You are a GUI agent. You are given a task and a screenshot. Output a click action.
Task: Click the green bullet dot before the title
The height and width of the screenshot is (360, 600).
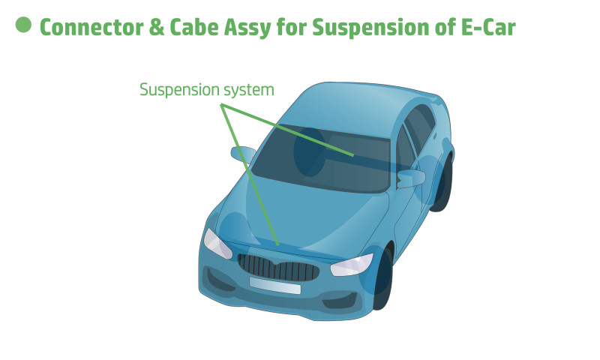23,24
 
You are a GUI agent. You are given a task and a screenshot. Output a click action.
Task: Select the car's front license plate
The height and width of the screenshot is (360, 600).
274,286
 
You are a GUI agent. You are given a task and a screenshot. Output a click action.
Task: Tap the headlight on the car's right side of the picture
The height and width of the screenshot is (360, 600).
352,264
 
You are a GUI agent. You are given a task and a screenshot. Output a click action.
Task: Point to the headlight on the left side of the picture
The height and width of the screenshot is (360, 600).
216,243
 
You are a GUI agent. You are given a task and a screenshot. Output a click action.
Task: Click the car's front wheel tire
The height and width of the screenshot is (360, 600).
382,279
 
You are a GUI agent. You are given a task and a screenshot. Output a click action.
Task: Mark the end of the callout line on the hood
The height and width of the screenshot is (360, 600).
278,244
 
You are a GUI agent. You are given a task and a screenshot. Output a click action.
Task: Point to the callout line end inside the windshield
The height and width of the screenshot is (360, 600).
352,155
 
